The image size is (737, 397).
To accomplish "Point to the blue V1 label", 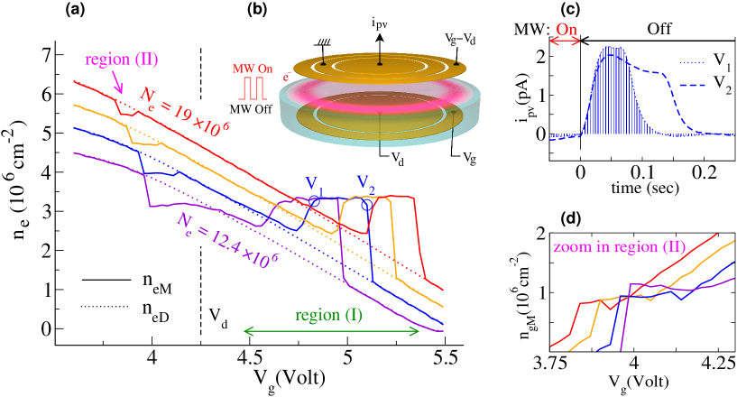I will pyautogui.click(x=313, y=180).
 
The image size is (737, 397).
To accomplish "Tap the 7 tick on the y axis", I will pyautogui.click(x=47, y=53).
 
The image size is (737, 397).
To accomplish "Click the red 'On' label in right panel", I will pyautogui.click(x=567, y=30).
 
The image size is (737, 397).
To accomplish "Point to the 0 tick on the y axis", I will pyautogui.click(x=47, y=329).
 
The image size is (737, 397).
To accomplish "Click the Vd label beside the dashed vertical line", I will pyautogui.click(x=217, y=316).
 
